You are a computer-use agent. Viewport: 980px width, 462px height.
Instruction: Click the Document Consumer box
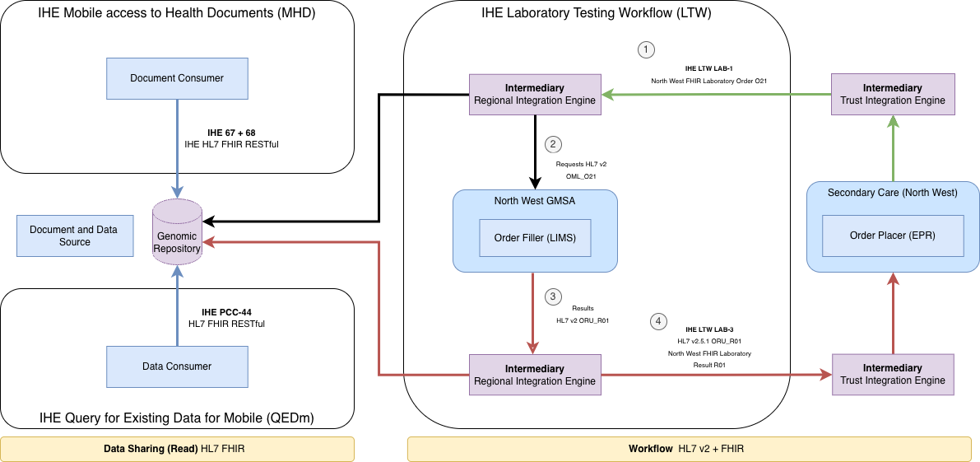pyautogui.click(x=177, y=78)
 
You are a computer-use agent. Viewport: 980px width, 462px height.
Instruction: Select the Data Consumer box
pyautogui.click(x=177, y=366)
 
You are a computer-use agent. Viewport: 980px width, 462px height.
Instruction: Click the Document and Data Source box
pyautogui.click(x=74, y=236)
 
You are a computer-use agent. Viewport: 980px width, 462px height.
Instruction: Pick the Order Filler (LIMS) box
pyautogui.click(x=535, y=238)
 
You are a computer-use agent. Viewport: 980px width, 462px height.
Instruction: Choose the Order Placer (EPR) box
pyautogui.click(x=893, y=236)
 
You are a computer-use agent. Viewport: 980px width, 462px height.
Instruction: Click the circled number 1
pyautogui.click(x=647, y=49)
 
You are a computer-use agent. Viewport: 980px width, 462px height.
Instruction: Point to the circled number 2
pyautogui.click(x=553, y=144)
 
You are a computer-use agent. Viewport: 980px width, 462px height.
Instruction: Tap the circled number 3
pyautogui.click(x=553, y=296)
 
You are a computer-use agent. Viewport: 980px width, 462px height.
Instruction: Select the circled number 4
pyautogui.click(x=657, y=320)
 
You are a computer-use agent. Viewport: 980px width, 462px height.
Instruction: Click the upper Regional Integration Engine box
pyautogui.click(x=535, y=95)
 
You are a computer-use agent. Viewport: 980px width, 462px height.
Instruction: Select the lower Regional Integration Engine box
pyautogui.click(x=535, y=375)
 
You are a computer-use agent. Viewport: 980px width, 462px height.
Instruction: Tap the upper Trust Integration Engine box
pyautogui.click(x=893, y=95)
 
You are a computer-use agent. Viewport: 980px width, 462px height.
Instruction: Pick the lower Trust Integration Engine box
pyautogui.click(x=893, y=375)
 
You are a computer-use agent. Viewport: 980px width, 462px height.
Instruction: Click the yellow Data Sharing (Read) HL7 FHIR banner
pyautogui.click(x=177, y=449)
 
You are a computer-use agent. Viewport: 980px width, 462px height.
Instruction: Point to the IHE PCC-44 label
pyautogui.click(x=226, y=312)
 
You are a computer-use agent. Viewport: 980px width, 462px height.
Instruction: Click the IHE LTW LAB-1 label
pyautogui.click(x=708, y=69)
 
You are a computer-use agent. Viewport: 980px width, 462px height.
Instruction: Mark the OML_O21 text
pyautogui.click(x=581, y=176)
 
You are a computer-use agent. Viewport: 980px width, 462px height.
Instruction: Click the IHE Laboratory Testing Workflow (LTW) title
pyautogui.click(x=597, y=12)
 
